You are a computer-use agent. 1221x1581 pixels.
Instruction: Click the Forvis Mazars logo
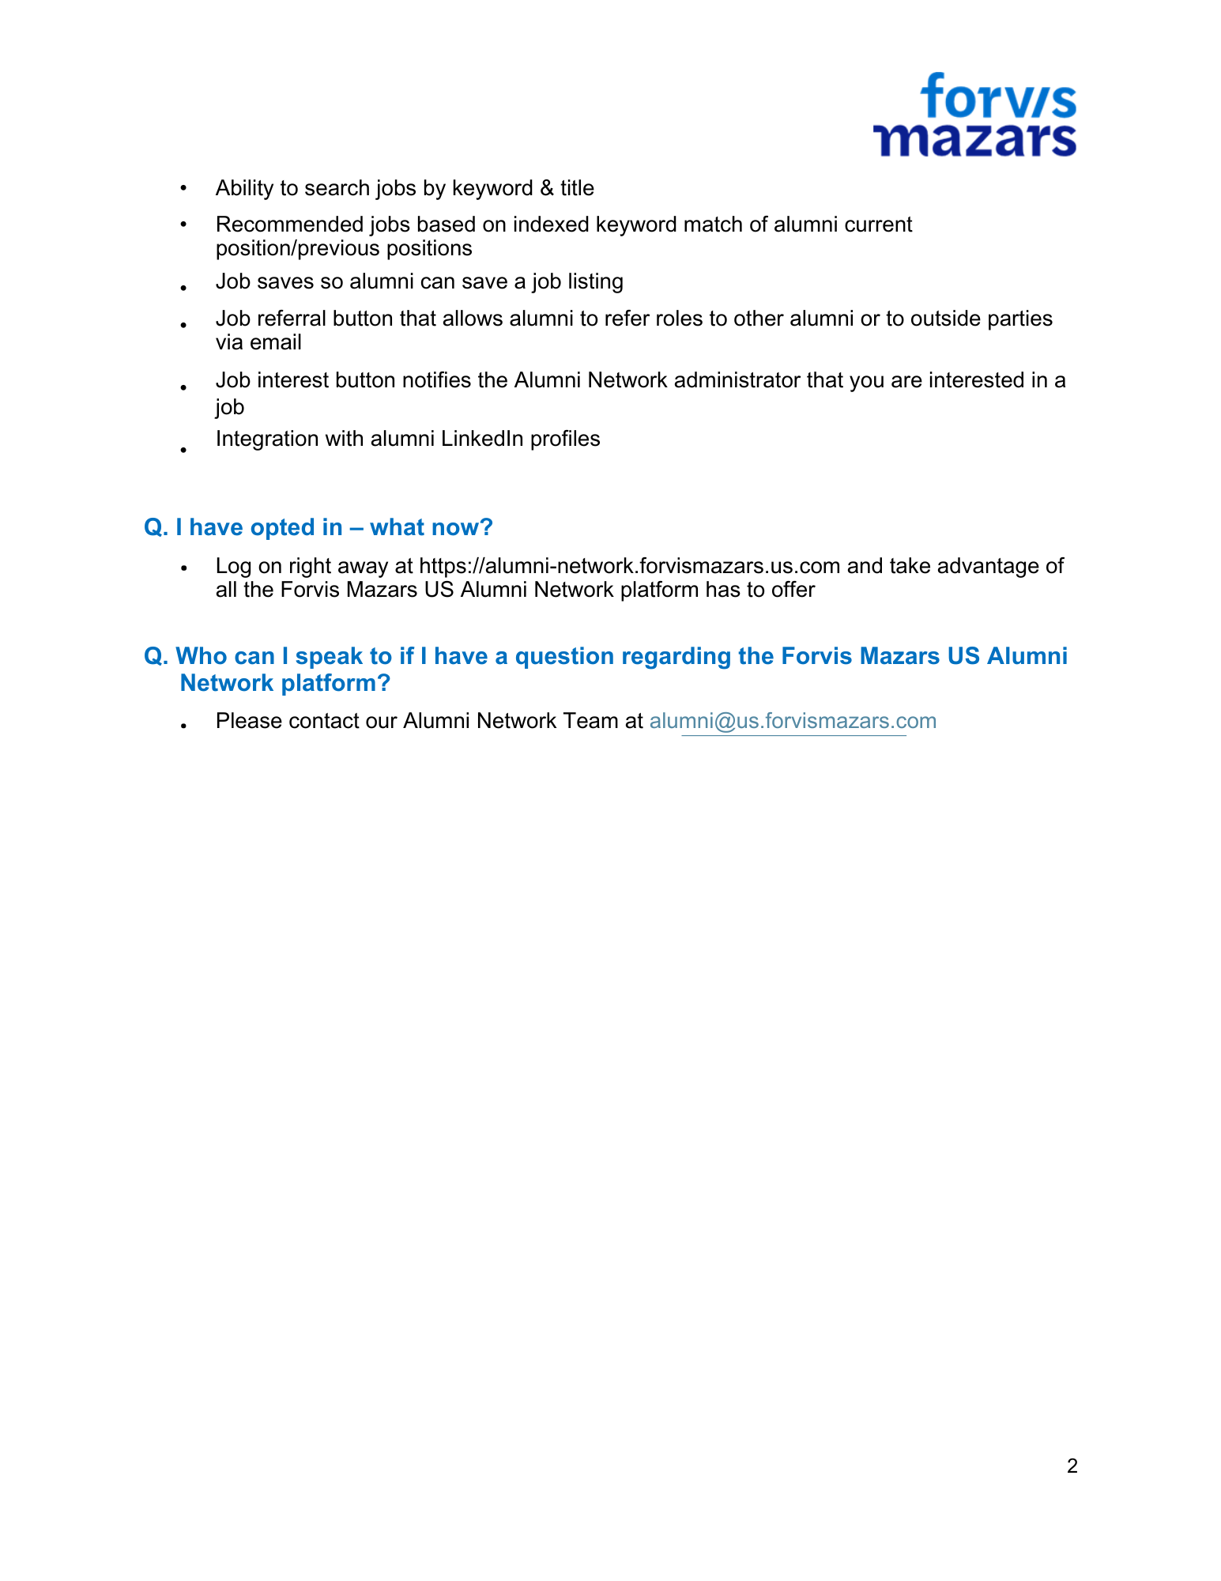tap(974, 115)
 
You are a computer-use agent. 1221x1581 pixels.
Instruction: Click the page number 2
tap(1072, 1466)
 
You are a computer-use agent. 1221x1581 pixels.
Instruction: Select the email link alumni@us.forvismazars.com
tap(793, 721)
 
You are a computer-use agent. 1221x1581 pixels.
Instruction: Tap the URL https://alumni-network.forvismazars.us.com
tap(629, 566)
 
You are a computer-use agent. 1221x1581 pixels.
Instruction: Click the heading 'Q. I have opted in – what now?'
tap(318, 527)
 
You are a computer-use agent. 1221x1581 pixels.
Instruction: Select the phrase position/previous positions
tap(344, 248)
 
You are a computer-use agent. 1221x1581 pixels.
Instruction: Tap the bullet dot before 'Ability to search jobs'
tap(183, 188)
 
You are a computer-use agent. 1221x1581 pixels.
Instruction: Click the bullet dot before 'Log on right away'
tap(183, 568)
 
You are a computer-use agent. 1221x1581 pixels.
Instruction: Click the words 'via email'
tap(258, 342)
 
